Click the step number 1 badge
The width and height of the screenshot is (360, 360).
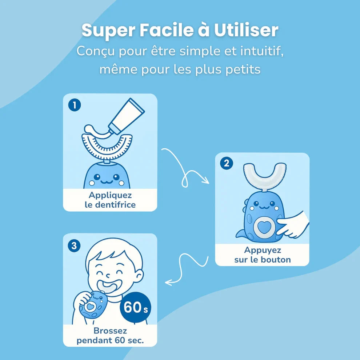[75, 105]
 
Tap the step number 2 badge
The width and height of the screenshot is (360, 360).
[227, 164]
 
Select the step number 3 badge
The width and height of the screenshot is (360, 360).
[75, 245]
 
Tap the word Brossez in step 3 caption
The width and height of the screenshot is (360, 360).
[110, 331]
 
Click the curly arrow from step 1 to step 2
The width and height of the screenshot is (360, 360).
[185, 167]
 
